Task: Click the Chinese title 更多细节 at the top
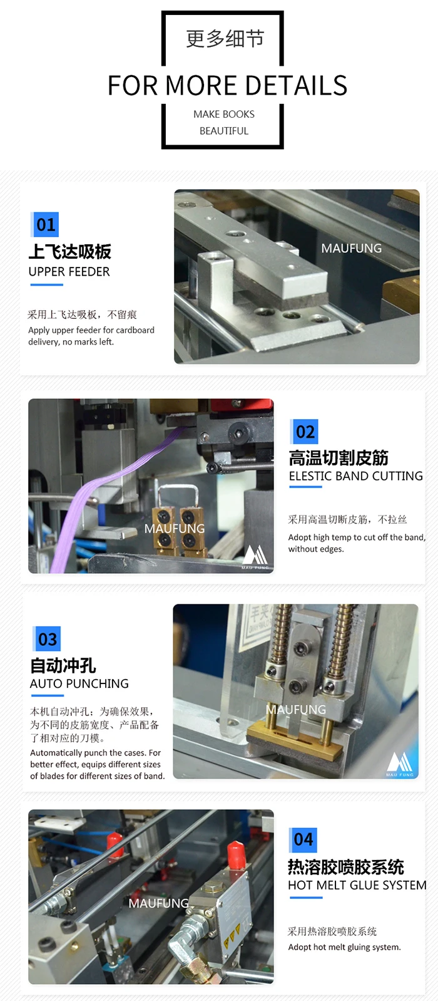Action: point(225,39)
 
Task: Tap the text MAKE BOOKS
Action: point(223,114)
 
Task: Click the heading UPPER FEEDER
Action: point(69,272)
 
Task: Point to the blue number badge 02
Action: point(305,432)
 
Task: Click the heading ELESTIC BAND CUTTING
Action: point(355,476)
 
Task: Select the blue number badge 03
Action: point(48,640)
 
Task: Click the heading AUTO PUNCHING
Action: point(79,684)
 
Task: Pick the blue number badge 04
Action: point(303,839)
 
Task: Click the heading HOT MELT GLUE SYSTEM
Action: point(357,885)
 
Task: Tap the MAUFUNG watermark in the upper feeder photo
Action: point(351,249)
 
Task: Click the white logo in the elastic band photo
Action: point(255,556)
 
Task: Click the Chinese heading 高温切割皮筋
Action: point(338,458)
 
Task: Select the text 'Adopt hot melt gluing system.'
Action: point(344,947)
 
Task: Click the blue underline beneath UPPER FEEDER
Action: point(46,285)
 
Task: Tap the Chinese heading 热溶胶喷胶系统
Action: point(345,867)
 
